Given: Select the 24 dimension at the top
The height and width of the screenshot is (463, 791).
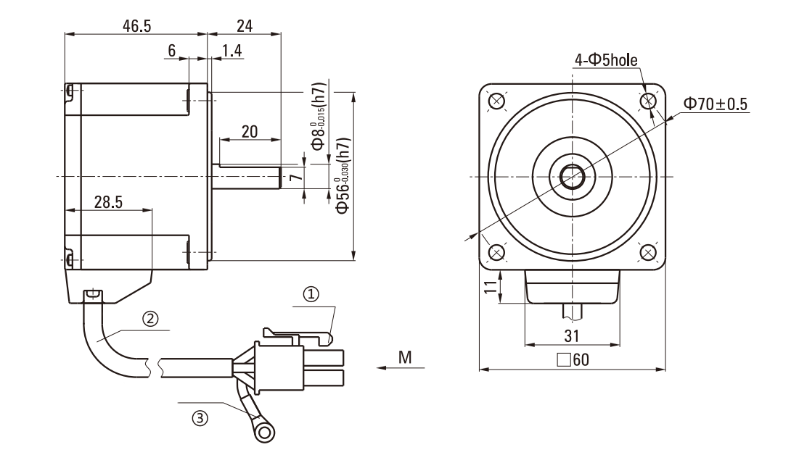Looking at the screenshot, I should click(x=245, y=25).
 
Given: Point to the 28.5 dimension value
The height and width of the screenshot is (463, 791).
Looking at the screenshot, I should click(x=107, y=202).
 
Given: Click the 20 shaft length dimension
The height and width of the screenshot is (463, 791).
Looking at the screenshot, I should click(x=249, y=131).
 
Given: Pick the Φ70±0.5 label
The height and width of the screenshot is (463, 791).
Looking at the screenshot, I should click(x=715, y=104).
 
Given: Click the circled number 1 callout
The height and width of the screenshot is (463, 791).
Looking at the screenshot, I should click(x=311, y=294).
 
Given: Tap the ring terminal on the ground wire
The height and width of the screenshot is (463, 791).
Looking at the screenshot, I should click(x=266, y=434).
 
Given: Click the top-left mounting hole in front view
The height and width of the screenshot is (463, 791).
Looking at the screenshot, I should click(x=497, y=101).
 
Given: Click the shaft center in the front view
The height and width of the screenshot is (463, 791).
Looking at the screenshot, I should click(x=572, y=177).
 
